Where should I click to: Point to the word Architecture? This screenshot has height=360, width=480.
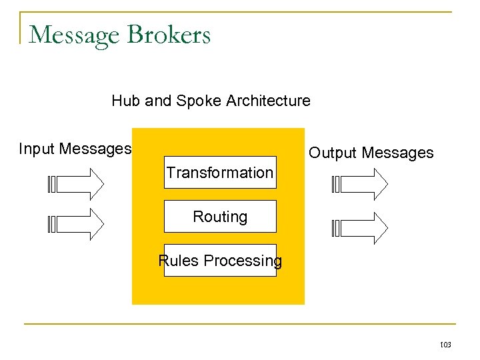(268, 101)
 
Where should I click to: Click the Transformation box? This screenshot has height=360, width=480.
(220, 173)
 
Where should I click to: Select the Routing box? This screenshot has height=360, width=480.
(220, 217)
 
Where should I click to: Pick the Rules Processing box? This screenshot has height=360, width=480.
(220, 261)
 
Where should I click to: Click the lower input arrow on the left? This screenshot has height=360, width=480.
(77, 224)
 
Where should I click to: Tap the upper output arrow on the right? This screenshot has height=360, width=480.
(360, 183)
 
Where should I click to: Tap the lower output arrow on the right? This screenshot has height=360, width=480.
(360, 228)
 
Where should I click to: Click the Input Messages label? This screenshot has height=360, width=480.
(75, 149)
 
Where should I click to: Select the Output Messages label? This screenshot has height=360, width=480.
(371, 153)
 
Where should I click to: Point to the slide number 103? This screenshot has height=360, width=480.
(445, 345)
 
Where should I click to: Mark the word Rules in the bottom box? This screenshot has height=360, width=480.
(179, 261)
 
